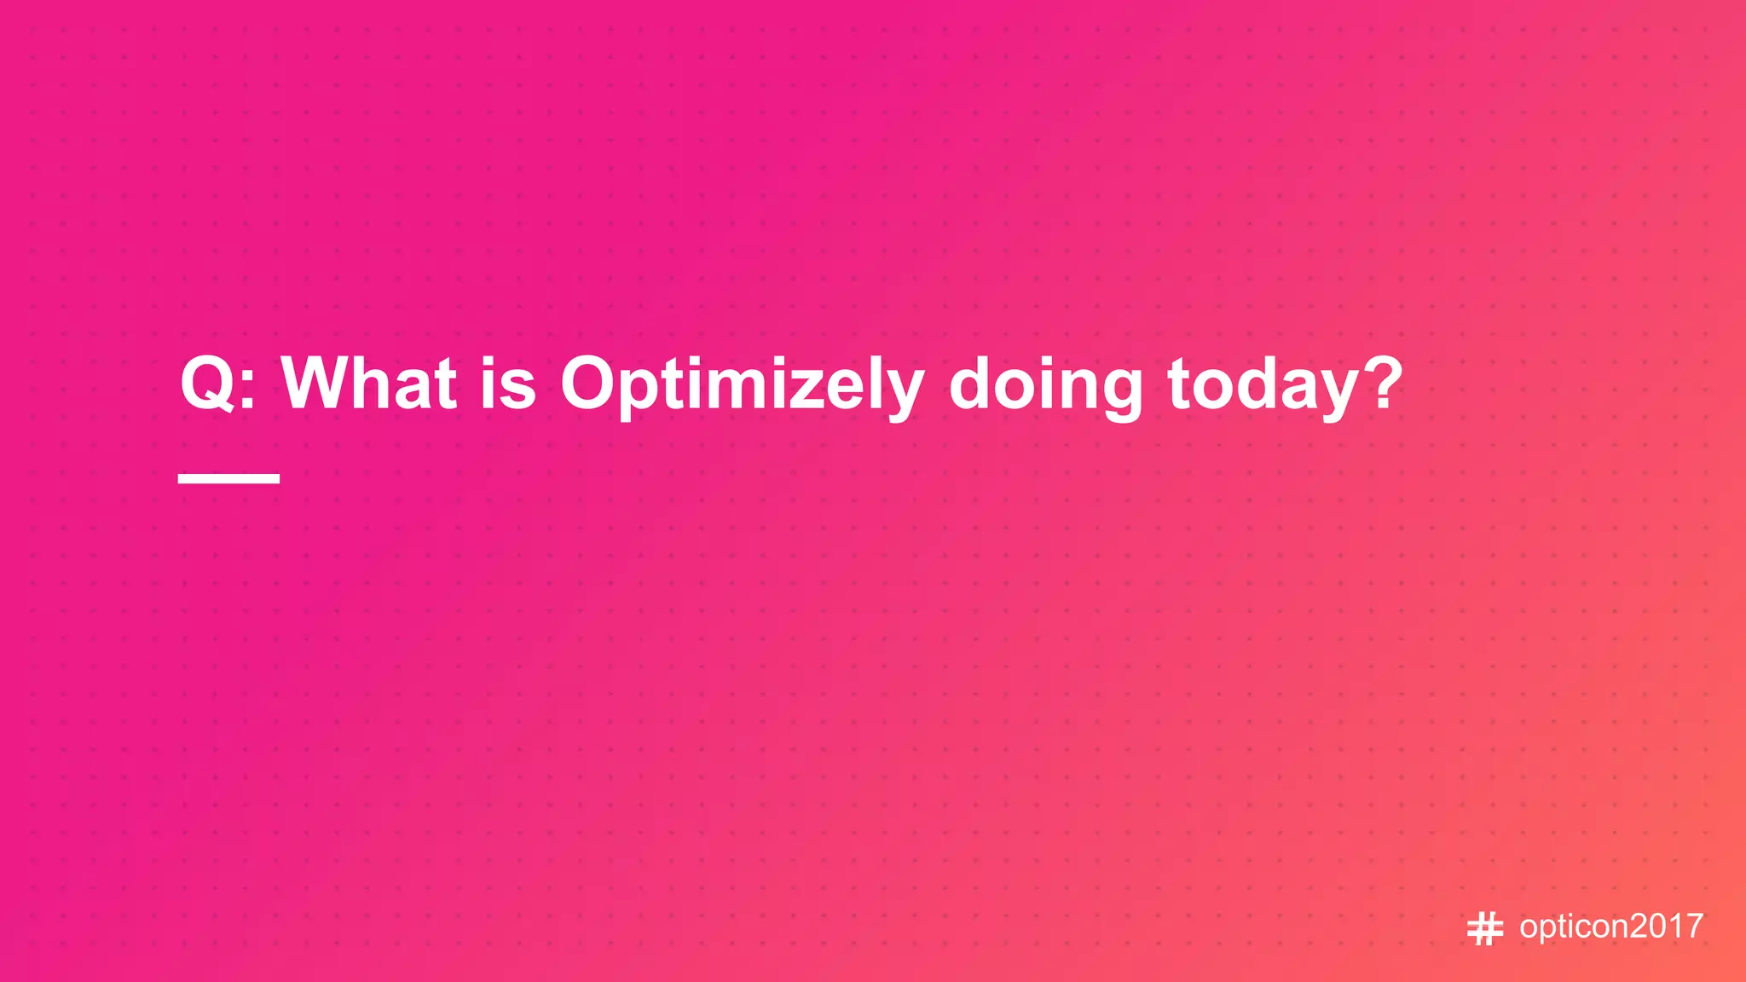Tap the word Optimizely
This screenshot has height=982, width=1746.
click(x=742, y=385)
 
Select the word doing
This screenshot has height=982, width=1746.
click(x=1045, y=385)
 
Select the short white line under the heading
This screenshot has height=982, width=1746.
click(x=228, y=478)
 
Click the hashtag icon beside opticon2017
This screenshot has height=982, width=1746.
click(x=1484, y=928)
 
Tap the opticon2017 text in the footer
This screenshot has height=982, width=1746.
click(x=1610, y=927)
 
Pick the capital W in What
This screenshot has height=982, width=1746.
click(x=316, y=384)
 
